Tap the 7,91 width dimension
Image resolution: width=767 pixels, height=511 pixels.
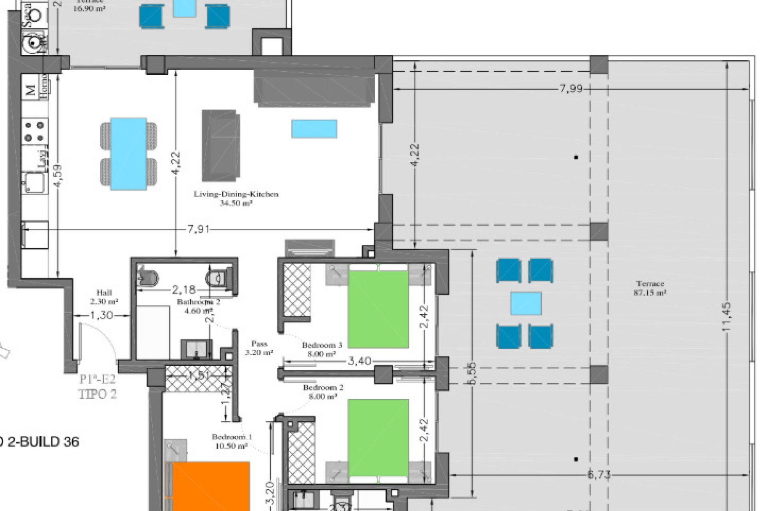point(199,230)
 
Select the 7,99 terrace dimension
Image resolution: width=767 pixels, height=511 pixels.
point(571,89)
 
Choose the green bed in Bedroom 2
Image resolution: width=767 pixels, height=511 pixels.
point(378,438)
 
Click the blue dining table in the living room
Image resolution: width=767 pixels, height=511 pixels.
point(128,154)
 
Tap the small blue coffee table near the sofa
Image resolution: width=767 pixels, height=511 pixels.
point(314,129)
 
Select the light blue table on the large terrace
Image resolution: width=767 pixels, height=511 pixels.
point(526,303)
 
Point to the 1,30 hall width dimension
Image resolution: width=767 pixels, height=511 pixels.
point(101,315)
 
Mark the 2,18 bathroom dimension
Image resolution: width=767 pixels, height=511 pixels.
point(184,289)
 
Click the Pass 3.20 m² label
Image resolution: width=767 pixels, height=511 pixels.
point(259,348)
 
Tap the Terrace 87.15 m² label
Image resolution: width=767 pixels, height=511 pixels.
point(650,288)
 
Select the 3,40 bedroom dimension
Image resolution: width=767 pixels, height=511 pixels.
point(360,361)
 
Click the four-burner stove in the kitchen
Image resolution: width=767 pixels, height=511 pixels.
point(34,132)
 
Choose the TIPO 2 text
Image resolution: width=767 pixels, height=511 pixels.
point(97,394)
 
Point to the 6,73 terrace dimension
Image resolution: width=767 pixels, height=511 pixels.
point(599,475)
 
